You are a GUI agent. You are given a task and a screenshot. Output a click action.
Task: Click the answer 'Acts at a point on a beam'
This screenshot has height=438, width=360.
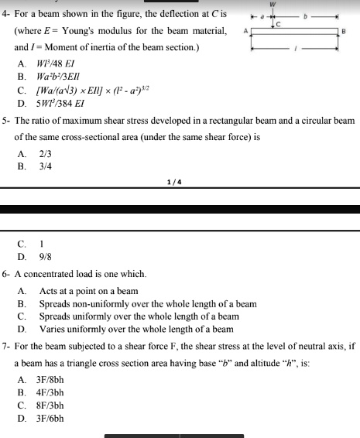pos(88,292)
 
